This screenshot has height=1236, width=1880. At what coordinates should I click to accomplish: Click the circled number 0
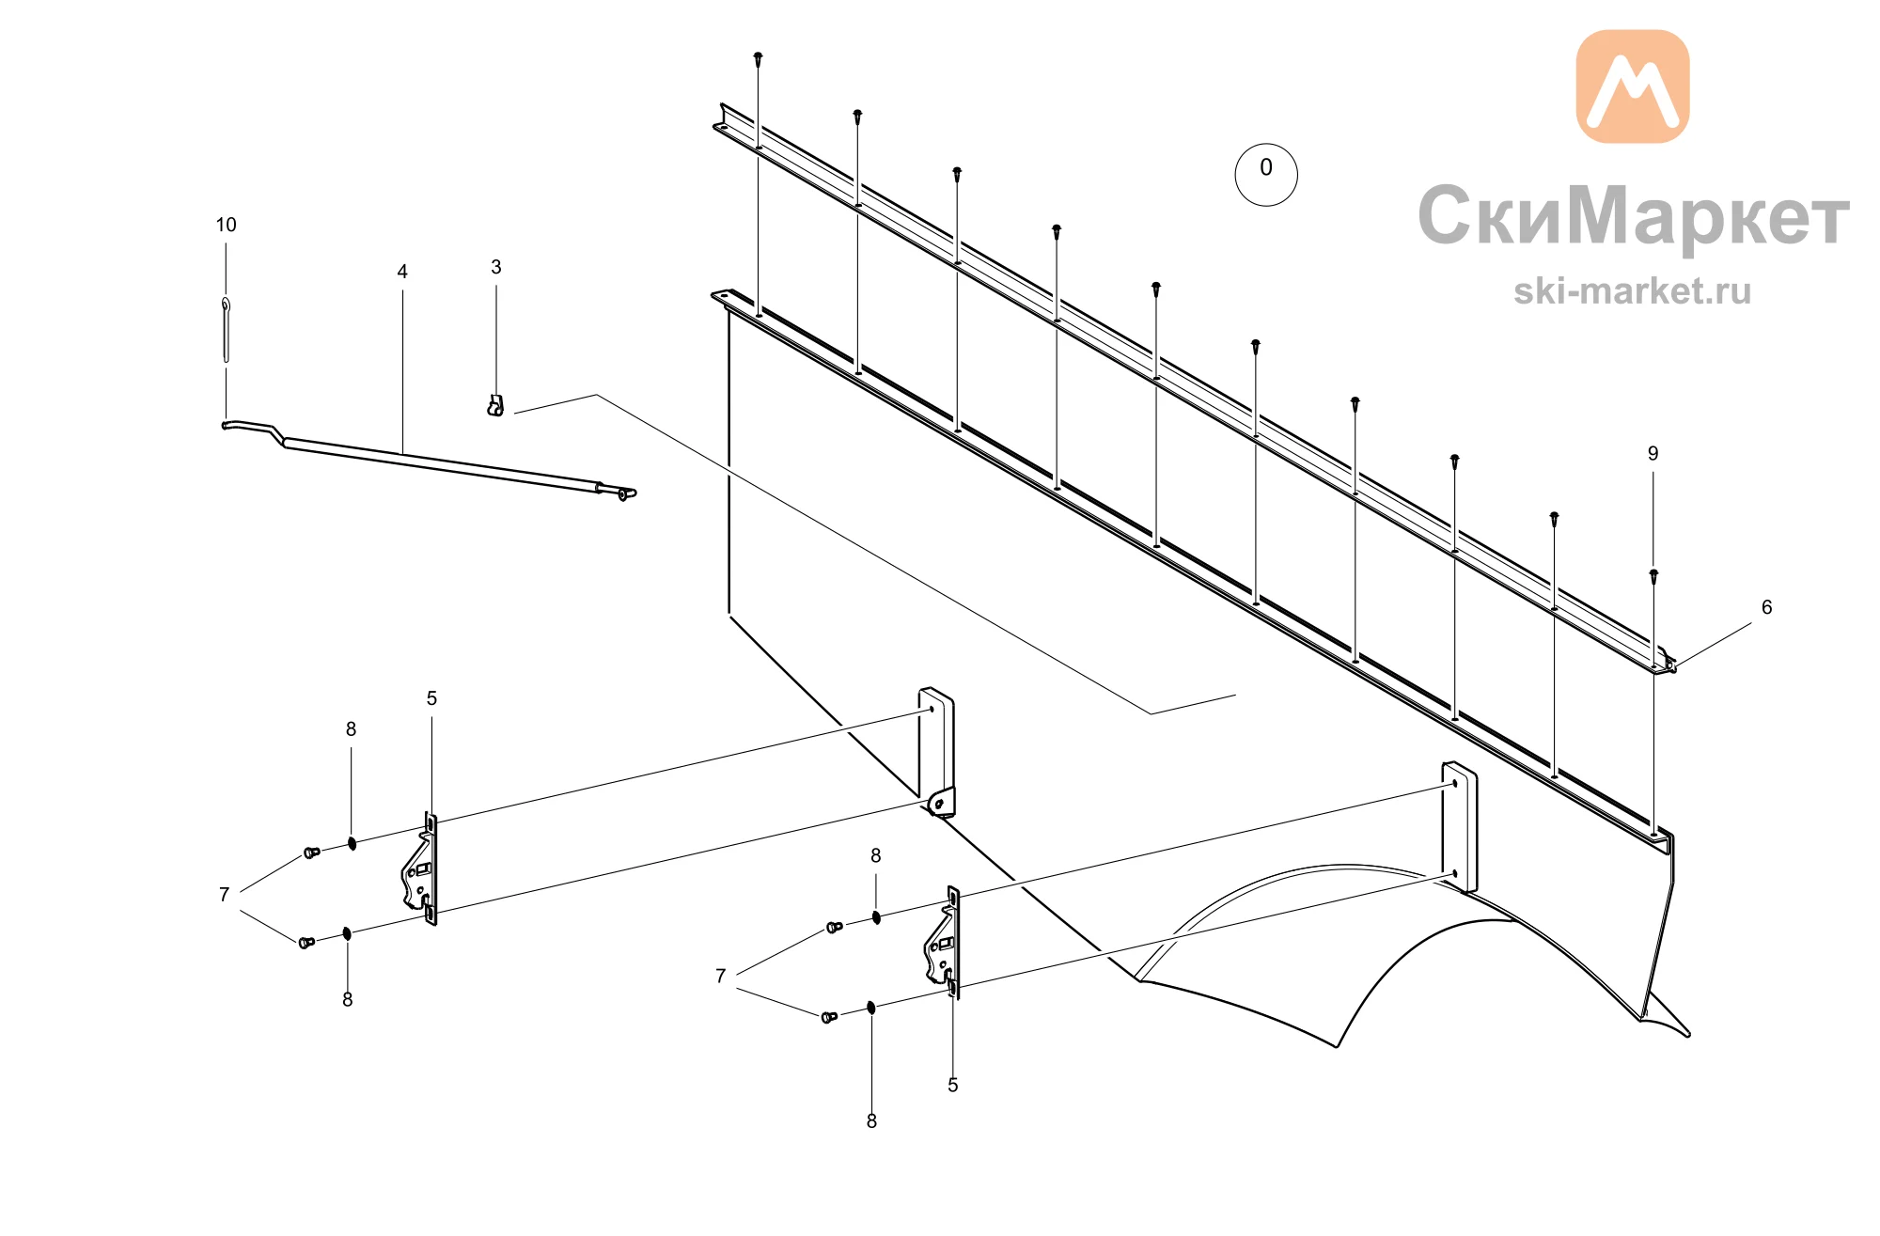tap(1265, 174)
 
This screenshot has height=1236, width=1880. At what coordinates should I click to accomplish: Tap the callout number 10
tap(226, 225)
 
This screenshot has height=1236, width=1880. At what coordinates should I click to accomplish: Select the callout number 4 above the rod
tap(402, 272)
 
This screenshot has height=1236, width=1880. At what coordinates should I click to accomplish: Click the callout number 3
tap(496, 267)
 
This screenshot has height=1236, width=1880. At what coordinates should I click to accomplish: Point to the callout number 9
tap(1653, 453)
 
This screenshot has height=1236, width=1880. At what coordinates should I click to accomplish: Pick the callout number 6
tap(1766, 607)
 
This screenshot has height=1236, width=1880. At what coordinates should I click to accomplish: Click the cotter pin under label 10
tap(226, 329)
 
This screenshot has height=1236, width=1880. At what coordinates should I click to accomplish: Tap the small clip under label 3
tap(495, 405)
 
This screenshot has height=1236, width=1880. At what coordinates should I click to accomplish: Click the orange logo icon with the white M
tap(1632, 86)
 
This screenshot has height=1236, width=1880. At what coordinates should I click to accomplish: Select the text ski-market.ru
tap(1632, 291)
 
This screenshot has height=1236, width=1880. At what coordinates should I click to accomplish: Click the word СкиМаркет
tap(1634, 216)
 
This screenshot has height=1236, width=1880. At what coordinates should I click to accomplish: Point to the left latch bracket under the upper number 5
tap(420, 869)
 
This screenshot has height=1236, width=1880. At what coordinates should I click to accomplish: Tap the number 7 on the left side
tap(224, 895)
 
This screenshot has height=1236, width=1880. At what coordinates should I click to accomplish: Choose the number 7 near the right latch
tap(720, 976)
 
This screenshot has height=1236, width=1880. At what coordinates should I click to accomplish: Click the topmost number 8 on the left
tap(351, 729)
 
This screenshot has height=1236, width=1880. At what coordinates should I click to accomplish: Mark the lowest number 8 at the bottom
tap(871, 1121)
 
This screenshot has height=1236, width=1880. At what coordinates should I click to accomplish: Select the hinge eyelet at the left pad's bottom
tap(939, 804)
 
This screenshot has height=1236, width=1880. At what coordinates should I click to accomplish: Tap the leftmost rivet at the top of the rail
tap(759, 58)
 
